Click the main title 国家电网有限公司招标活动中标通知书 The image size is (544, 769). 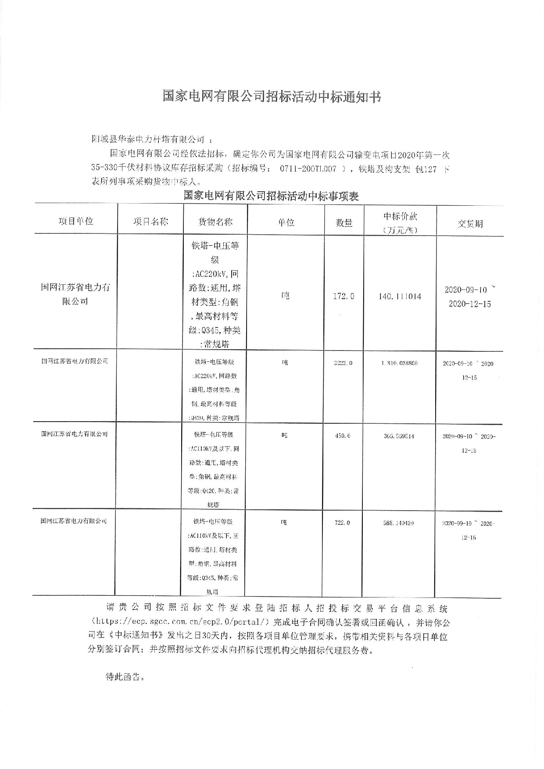272,97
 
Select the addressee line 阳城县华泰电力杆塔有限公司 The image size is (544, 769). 148,140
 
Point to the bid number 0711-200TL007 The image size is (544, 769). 308,169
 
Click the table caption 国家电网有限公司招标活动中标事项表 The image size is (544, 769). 271,196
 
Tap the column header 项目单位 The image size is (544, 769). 76,221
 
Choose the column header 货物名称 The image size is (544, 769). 215,222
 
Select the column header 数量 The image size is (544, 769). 344,223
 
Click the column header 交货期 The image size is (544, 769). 470,224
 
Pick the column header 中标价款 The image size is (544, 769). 400,216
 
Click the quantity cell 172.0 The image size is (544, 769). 344,297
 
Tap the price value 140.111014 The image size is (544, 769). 400,297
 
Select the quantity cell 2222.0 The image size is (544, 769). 343,363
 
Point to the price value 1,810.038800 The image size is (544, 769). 399,363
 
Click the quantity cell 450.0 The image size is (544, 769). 343,436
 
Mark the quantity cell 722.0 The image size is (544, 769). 342,523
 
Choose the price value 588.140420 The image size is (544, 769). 398,523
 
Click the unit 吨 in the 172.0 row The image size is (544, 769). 285,296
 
